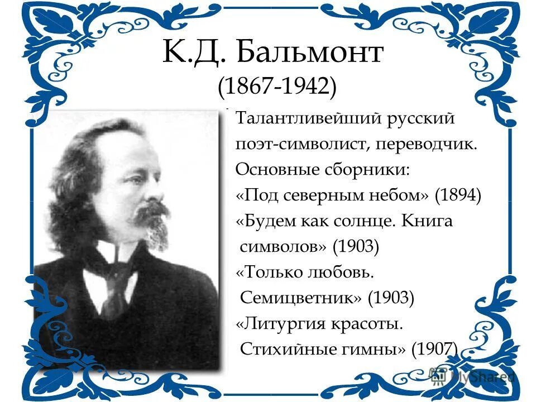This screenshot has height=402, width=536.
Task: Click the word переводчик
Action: tap(427, 145)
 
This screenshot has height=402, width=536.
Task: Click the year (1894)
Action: tap(458, 195)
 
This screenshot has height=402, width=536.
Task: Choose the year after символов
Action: tap(356, 246)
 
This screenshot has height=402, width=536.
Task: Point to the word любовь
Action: tap(341, 272)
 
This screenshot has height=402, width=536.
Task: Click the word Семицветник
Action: tap(300, 298)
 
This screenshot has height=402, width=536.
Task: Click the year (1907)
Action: tap(435, 350)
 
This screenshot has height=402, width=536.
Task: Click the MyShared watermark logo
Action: tap(471, 375)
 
